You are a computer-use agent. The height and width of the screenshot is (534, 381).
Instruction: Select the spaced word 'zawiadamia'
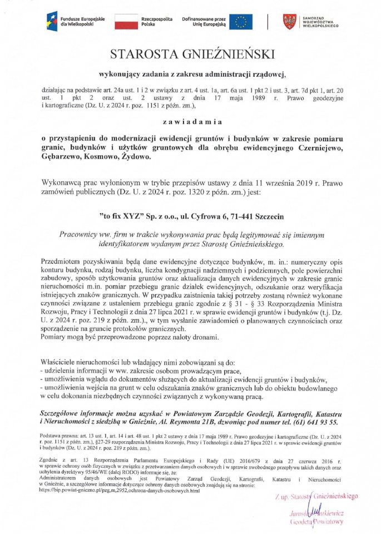tap(191, 121)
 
